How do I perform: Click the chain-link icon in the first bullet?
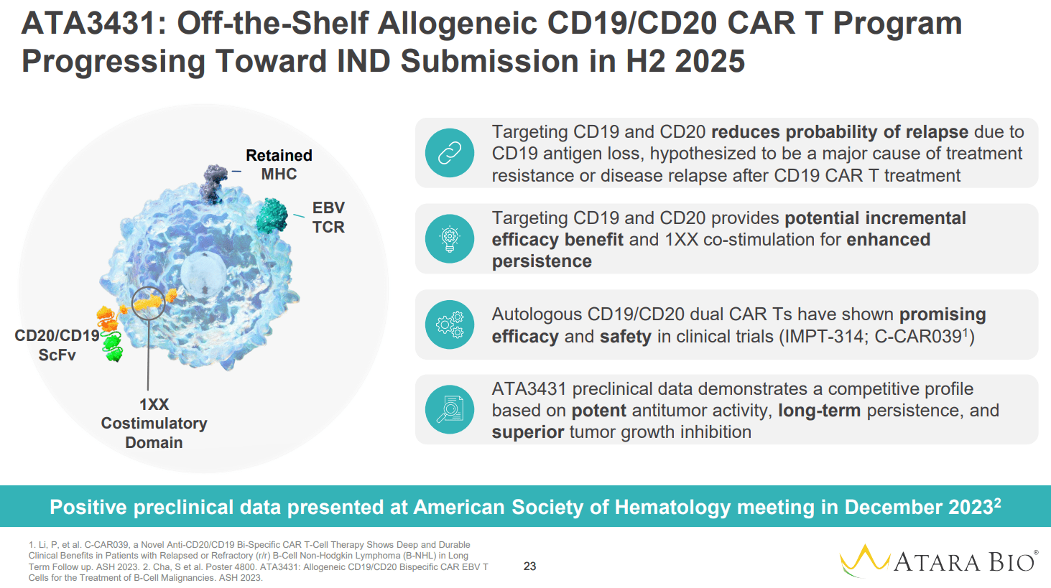coord(450,153)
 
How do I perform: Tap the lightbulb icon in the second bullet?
coord(450,238)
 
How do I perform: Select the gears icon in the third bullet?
coord(450,325)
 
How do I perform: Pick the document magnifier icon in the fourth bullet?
coord(450,409)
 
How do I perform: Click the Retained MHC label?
coord(279,165)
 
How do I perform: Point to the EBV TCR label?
coord(328,218)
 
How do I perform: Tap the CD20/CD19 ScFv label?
coord(57,345)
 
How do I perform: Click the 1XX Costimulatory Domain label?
coord(154,424)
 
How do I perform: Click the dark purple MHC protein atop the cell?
coord(213,182)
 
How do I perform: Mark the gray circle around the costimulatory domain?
coord(149,304)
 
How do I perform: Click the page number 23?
coord(529,566)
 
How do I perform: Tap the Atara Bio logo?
coord(938,561)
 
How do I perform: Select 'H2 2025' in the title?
coord(685,61)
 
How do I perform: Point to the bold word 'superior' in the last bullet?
coord(527,432)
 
